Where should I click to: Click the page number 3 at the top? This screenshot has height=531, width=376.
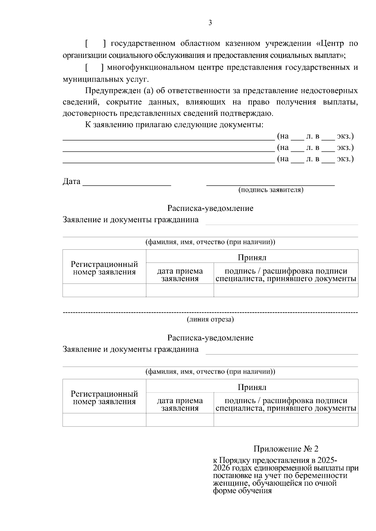click(210, 23)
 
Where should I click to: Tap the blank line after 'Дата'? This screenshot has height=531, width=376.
click(127, 183)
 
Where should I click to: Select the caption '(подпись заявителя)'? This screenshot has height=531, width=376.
click(271, 190)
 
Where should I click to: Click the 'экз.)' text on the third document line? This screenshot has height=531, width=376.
click(345, 159)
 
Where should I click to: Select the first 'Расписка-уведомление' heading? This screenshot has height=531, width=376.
click(210, 208)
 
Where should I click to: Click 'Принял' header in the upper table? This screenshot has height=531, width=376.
click(252, 257)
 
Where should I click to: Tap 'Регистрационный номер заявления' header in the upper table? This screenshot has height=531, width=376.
click(104, 268)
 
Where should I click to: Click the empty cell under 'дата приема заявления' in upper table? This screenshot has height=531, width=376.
click(180, 290)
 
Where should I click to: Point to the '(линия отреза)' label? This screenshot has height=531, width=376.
click(210, 319)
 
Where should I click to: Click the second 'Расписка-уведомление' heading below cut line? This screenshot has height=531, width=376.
click(210, 338)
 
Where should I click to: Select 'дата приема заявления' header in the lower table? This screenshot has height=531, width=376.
click(180, 404)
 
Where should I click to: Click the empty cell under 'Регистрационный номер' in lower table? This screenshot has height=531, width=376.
click(104, 420)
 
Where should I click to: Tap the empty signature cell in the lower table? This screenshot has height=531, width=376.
click(286, 420)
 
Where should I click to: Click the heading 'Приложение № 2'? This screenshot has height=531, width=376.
click(286, 449)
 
